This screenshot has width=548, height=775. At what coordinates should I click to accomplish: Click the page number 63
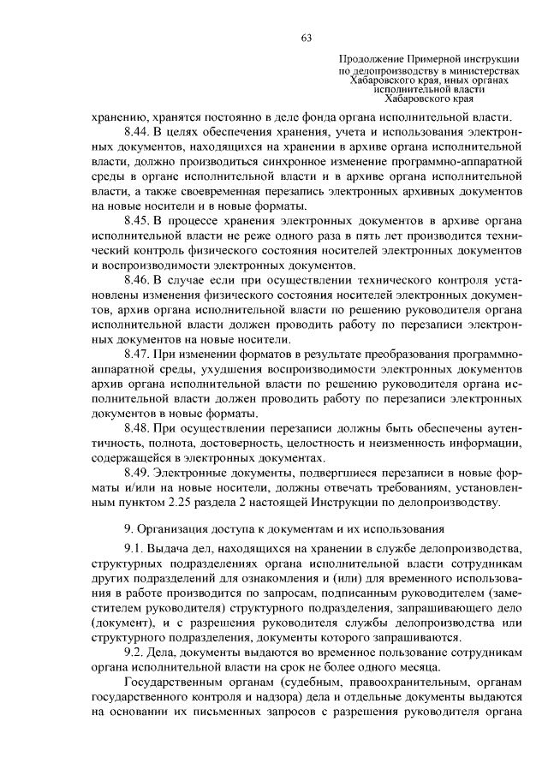[x=306, y=37]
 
